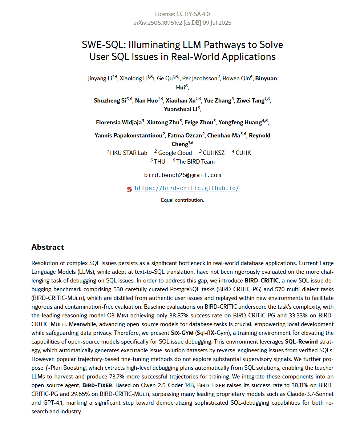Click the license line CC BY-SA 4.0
pyautogui.click(x=182, y=14)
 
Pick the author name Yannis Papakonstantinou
pyautogui.click(x=128, y=136)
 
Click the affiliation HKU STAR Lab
pyautogui.click(x=129, y=153)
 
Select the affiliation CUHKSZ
pyautogui.click(x=214, y=153)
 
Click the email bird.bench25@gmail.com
pyautogui.click(x=182, y=175)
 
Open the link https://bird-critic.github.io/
pyautogui.click(x=187, y=188)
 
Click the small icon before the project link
pyautogui.click(x=129, y=189)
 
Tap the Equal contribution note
pyautogui.click(x=182, y=200)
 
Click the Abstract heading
pyautogui.click(x=48, y=247)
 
